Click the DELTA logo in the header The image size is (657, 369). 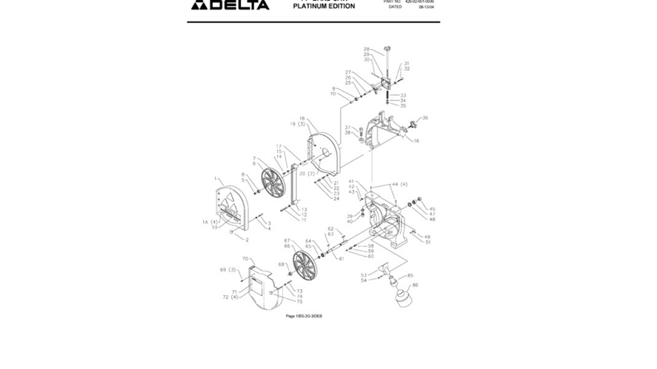[x=220, y=6]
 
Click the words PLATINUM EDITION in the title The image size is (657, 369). [x=324, y=7]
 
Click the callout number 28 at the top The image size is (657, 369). [x=367, y=49]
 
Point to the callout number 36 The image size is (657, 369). [x=425, y=118]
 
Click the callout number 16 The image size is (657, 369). [x=416, y=141]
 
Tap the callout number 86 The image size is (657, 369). [x=415, y=285]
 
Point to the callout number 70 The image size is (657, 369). [x=245, y=259]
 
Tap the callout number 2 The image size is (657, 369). [x=247, y=240]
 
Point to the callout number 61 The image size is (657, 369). [x=341, y=259]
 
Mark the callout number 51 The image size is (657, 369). [x=427, y=242]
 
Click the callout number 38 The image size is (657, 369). [x=348, y=133]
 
